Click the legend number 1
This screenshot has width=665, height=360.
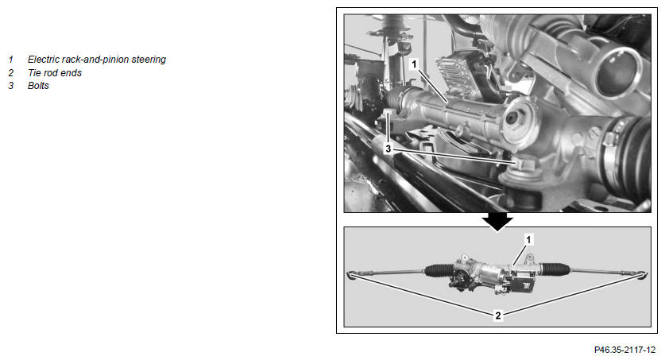(10, 60)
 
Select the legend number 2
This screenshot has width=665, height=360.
(10, 73)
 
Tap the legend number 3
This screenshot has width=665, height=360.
(10, 86)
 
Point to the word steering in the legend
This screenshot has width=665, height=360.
(149, 60)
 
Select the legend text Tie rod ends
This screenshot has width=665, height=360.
(55, 73)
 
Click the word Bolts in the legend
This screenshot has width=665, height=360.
(38, 86)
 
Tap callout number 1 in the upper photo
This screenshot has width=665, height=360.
(415, 64)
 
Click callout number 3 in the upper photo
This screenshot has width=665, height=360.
(388, 149)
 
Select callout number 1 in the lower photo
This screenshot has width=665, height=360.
(528, 240)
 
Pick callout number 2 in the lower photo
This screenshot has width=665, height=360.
(498, 315)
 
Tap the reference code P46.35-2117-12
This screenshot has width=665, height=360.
(624, 350)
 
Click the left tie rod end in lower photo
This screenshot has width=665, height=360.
(352, 274)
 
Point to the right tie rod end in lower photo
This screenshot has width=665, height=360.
(644, 274)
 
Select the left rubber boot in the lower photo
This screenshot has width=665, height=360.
(439, 270)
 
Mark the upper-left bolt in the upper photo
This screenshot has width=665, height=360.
(389, 114)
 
